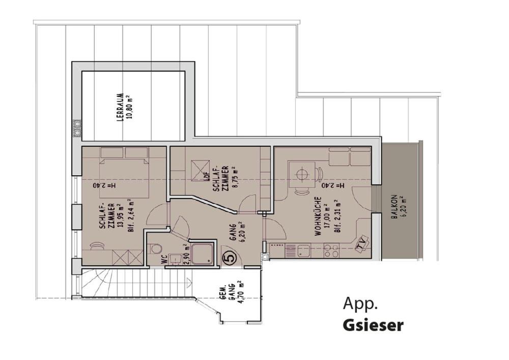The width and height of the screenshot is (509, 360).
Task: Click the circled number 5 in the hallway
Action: click(230, 258)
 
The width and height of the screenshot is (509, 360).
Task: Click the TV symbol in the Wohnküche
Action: click(361, 242)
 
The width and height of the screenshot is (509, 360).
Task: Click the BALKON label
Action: click(398, 206)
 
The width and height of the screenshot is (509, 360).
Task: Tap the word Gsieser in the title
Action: click(373, 325)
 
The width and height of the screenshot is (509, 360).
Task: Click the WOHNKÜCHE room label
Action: click(318, 216)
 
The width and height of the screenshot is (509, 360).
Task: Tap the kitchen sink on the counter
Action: click(304, 251)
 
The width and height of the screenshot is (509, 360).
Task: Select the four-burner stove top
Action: click(331, 251)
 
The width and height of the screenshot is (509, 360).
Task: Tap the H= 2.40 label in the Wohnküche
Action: click(333, 186)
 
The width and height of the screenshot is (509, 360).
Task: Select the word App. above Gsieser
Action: click(360, 304)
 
